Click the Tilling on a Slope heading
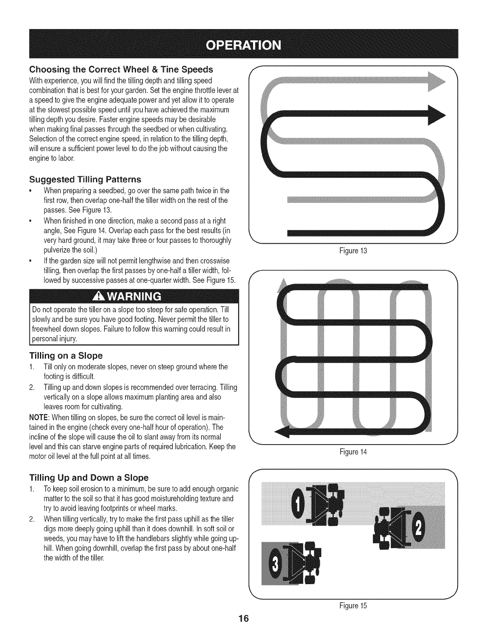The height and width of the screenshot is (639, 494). tap(66, 355)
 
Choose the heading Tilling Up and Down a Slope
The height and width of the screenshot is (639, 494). tap(89, 478)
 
